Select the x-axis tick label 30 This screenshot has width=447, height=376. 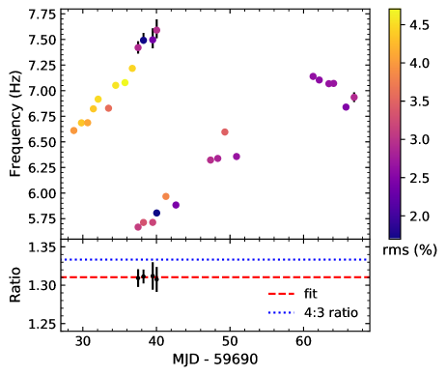pos(83,342)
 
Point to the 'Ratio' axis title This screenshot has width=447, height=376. pos(14,285)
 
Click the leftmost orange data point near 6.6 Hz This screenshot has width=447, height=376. pos(74,130)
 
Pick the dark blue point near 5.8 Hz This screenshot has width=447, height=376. pos(156,213)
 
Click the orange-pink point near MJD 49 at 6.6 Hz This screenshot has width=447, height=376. pos(225,131)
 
